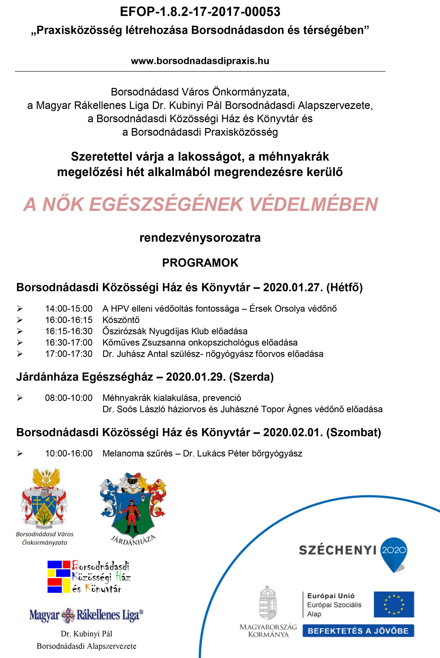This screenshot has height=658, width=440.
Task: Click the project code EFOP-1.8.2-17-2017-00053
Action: tap(200, 12)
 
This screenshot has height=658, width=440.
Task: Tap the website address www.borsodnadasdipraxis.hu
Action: tap(200, 61)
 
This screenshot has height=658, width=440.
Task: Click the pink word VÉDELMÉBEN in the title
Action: tap(313, 204)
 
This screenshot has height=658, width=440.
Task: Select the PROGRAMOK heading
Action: tap(200, 263)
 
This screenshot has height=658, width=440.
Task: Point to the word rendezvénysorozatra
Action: tap(200, 238)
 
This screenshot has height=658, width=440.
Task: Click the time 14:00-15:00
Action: tap(69, 309)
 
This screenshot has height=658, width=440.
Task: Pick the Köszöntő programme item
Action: tap(121, 320)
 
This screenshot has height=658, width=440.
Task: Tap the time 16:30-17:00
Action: tap(69, 343)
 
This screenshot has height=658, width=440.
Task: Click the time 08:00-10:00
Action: tap(69, 398)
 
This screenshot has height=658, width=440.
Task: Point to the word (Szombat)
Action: tap(353, 433)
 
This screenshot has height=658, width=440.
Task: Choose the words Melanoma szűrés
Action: tap(138, 453)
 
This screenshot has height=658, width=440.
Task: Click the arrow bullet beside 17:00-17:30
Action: tap(20, 354)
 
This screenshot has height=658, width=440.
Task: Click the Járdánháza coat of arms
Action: tap(133, 505)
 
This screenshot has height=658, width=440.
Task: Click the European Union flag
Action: tap(394, 604)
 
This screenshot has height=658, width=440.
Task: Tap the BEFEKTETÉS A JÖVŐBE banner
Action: tap(358, 631)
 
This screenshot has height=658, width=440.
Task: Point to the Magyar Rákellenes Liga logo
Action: tap(86, 615)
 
